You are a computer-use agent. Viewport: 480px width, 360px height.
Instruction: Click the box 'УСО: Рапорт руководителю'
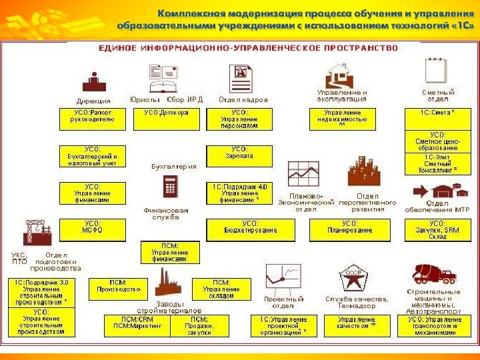coord(93,119)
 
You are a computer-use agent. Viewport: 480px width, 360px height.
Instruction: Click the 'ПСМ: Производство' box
coord(119,289)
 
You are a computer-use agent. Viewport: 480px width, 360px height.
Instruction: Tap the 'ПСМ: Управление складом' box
coord(221,289)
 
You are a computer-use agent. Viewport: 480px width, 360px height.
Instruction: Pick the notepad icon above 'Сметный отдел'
coord(435,70)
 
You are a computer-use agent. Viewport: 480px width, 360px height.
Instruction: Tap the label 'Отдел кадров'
coord(243,99)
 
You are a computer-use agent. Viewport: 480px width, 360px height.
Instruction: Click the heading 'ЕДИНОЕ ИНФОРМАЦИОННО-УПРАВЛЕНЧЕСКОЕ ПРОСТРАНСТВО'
coord(248,48)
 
